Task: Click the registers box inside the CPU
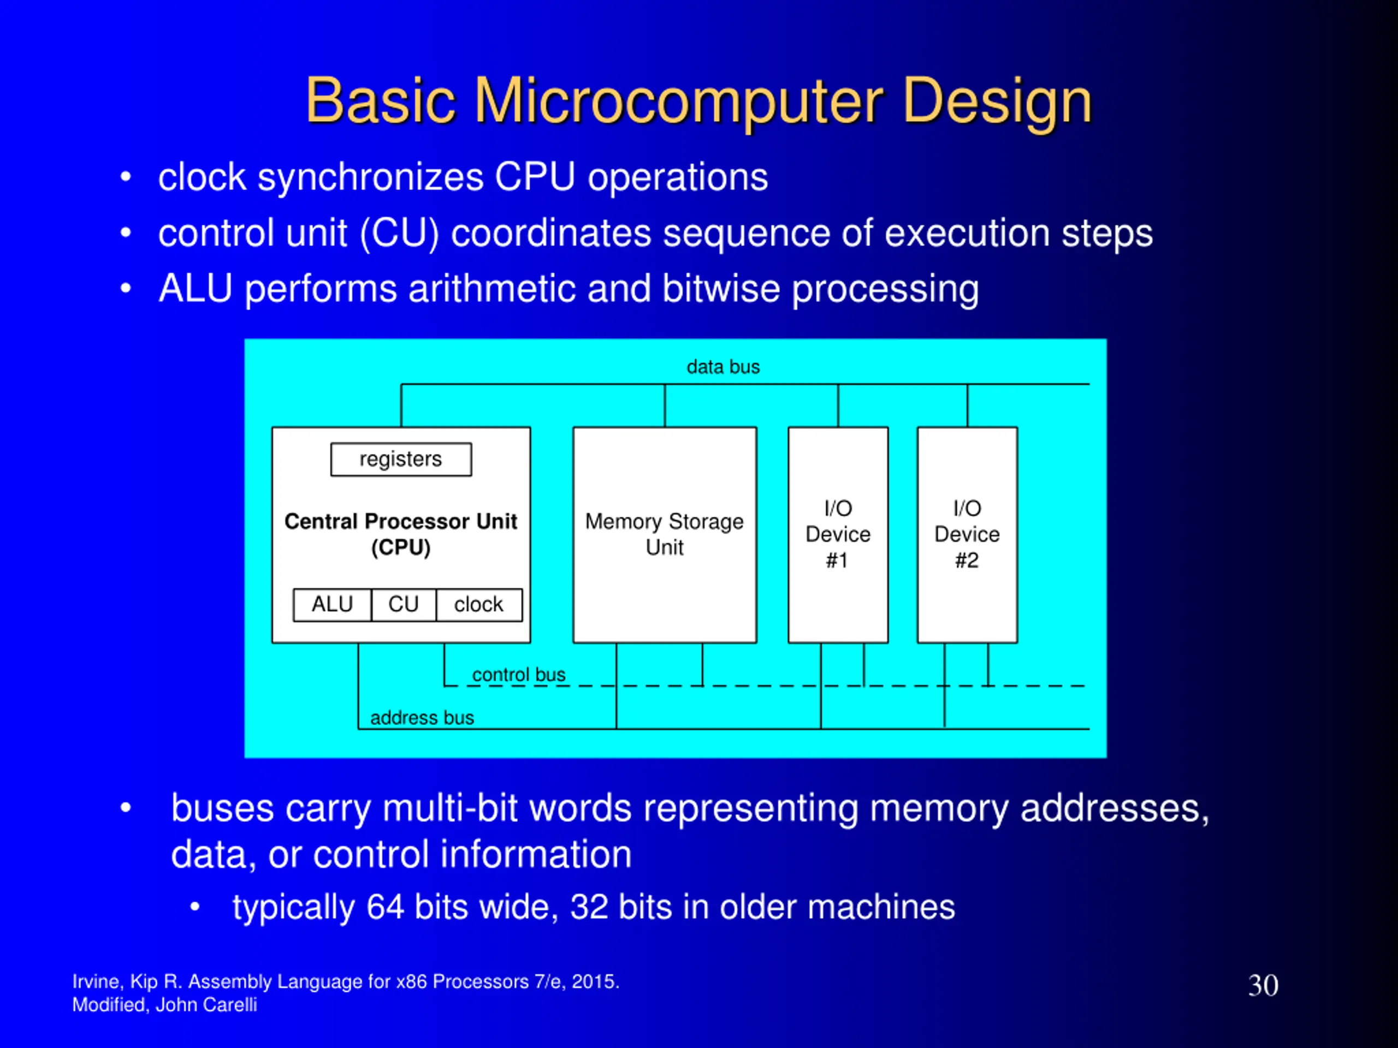pyautogui.click(x=401, y=459)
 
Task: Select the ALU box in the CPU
pyautogui.click(x=333, y=605)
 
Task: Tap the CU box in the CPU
pyautogui.click(x=403, y=605)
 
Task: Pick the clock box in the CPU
pyautogui.click(x=478, y=605)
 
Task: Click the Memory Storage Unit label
pyautogui.click(x=664, y=534)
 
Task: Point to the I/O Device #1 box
pyautogui.click(x=838, y=534)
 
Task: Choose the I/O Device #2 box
pyautogui.click(x=967, y=534)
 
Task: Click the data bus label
pyautogui.click(x=723, y=367)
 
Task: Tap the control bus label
pyautogui.click(x=518, y=675)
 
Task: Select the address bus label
pyautogui.click(x=422, y=718)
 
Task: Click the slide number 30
pyautogui.click(x=1263, y=985)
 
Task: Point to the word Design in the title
pyautogui.click(x=997, y=101)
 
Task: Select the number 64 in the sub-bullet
pyautogui.click(x=385, y=907)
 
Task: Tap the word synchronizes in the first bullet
pyautogui.click(x=370, y=177)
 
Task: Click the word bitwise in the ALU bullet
pyautogui.click(x=720, y=289)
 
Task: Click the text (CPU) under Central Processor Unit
pyautogui.click(x=401, y=547)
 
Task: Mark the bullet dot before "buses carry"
pyautogui.click(x=126, y=808)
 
